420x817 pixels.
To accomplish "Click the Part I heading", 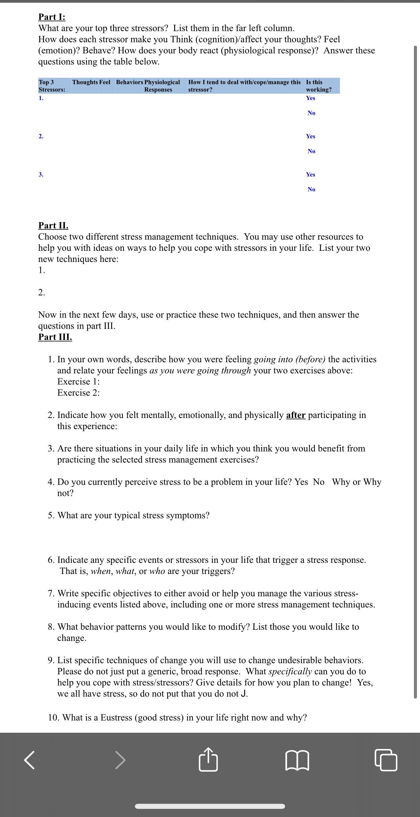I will [x=52, y=17].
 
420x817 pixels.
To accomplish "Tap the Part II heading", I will [x=53, y=225].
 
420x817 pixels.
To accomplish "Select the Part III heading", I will [x=55, y=337].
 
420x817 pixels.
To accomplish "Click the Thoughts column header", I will [x=85, y=82].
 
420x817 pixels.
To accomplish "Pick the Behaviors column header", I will [x=130, y=82].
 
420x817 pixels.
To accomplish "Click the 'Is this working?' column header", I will [x=319, y=86].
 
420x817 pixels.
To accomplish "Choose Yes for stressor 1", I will [x=310, y=98].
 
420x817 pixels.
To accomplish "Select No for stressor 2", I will [x=311, y=151].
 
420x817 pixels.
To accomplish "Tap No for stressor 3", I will [x=311, y=190].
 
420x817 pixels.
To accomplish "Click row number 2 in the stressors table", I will [x=41, y=136].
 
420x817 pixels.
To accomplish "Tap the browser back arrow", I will [x=29, y=760].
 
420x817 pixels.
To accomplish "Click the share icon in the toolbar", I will [x=208, y=760].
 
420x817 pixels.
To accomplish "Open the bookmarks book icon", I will [x=297, y=760].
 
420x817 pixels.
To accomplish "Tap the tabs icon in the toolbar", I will [x=386, y=760].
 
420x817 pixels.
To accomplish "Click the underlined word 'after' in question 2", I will [x=296, y=415].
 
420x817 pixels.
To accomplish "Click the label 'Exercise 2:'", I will [x=78, y=393].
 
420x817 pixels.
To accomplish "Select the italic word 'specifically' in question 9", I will [x=290, y=671].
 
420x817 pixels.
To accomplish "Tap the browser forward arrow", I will [x=120, y=760].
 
